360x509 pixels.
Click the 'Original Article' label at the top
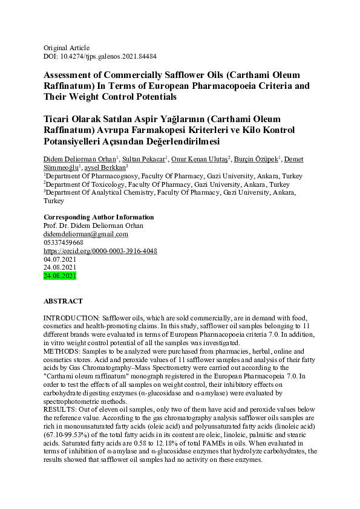[x=67, y=48]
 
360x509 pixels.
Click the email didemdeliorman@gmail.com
[x=86, y=234]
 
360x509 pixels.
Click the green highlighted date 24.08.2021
[x=60, y=276]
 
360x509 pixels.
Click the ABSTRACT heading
[x=63, y=300]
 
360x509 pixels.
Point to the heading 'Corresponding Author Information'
[x=99, y=217]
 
